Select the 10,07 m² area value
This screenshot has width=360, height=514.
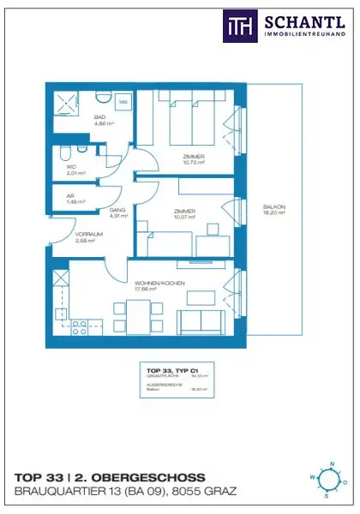point(183,218)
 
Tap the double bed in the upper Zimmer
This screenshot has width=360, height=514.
point(190,120)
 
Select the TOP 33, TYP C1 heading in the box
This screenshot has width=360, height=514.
point(168,369)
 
